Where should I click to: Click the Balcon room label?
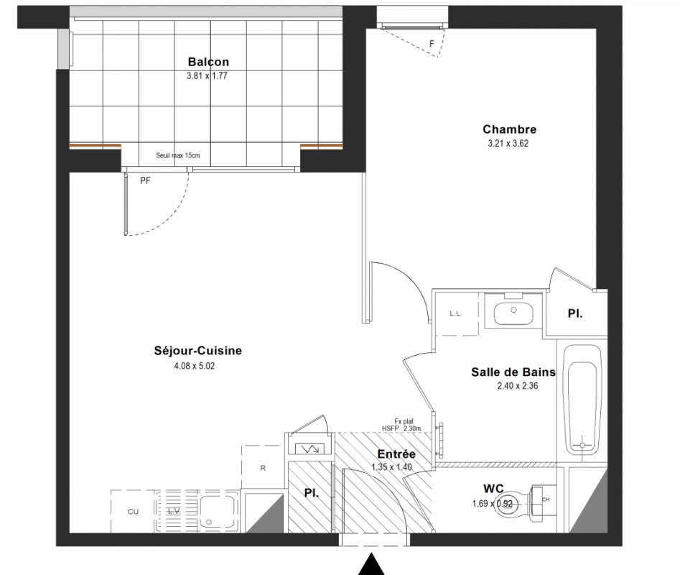coord(208,62)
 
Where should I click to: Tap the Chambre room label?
coord(509,129)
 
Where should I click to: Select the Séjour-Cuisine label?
coord(197,351)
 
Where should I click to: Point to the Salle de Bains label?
coord(513,372)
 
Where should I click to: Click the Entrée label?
coord(396,454)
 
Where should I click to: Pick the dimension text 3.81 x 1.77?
coord(207,76)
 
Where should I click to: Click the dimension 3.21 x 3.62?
coord(508,144)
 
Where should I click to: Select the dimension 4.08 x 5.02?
coord(195,367)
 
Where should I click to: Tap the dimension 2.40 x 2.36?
coord(518,386)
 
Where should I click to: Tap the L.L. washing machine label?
coord(456,314)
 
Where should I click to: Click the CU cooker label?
coord(133,512)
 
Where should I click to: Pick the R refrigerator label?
coord(263,468)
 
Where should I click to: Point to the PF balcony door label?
coord(145,180)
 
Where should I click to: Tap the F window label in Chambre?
coord(432,44)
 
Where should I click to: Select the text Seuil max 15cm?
coord(178,155)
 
